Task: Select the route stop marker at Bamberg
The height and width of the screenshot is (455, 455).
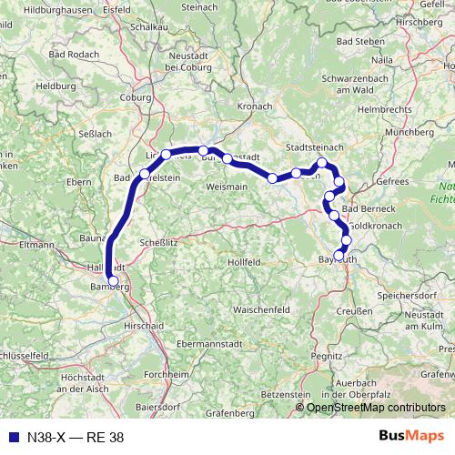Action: (x=112, y=281)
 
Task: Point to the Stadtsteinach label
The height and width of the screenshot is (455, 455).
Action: (x=315, y=146)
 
